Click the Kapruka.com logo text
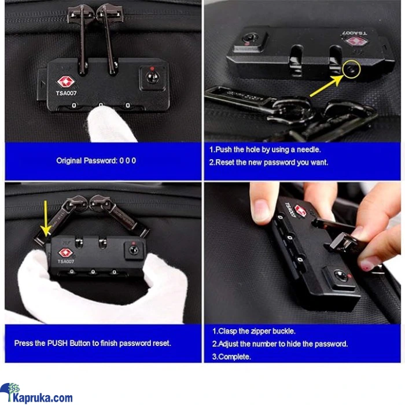pyautogui.click(x=43, y=397)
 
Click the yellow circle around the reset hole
pyautogui.click(x=351, y=69)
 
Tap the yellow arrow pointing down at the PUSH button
pyautogui.click(x=46, y=219)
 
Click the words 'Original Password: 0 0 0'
pyautogui.click(x=96, y=161)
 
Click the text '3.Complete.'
pyautogui.click(x=231, y=357)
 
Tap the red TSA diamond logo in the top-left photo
pyautogui.click(x=66, y=82)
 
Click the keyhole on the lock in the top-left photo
pyautogui.click(x=152, y=78)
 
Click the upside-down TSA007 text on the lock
pyautogui.click(x=355, y=34)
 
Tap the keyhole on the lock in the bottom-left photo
pyautogui.click(x=134, y=250)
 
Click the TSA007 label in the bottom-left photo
pyautogui.click(x=66, y=262)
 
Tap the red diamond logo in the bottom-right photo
pyautogui.click(x=300, y=211)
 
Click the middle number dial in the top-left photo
pyautogui.click(x=101, y=105)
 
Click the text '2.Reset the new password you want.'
pyautogui.click(x=268, y=163)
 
